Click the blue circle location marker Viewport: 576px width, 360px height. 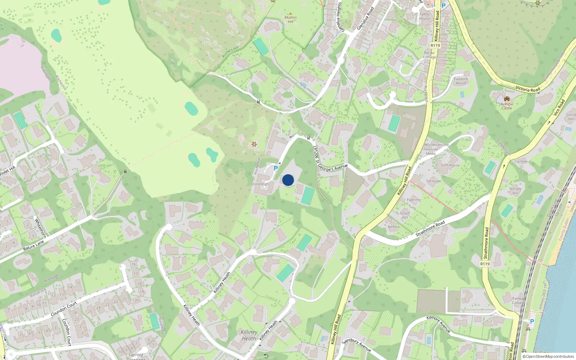click(288, 180)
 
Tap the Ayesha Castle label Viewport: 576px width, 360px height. click(507, 106)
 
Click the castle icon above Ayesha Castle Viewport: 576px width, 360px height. click(507, 99)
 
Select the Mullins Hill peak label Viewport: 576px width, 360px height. click(291, 19)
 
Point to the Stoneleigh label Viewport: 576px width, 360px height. click(260, 184)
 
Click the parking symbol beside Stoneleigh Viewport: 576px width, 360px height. click(276, 168)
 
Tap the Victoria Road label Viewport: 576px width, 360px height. click(528, 89)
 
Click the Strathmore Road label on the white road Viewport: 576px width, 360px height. click(430, 229)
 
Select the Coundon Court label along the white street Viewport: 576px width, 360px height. click(64, 309)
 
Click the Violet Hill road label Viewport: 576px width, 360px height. click(8, 170)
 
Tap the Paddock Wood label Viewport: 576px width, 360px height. click(461, 81)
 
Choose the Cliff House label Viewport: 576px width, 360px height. click(450, 165)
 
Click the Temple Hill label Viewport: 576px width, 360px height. click(515, 191)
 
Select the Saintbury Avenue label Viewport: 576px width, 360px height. click(356, 345)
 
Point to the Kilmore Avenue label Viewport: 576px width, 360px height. click(438, 324)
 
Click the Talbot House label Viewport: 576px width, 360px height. click(425, 17)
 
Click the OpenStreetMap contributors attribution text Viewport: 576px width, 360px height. click(548, 357)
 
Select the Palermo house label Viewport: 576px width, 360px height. click(414, 200)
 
